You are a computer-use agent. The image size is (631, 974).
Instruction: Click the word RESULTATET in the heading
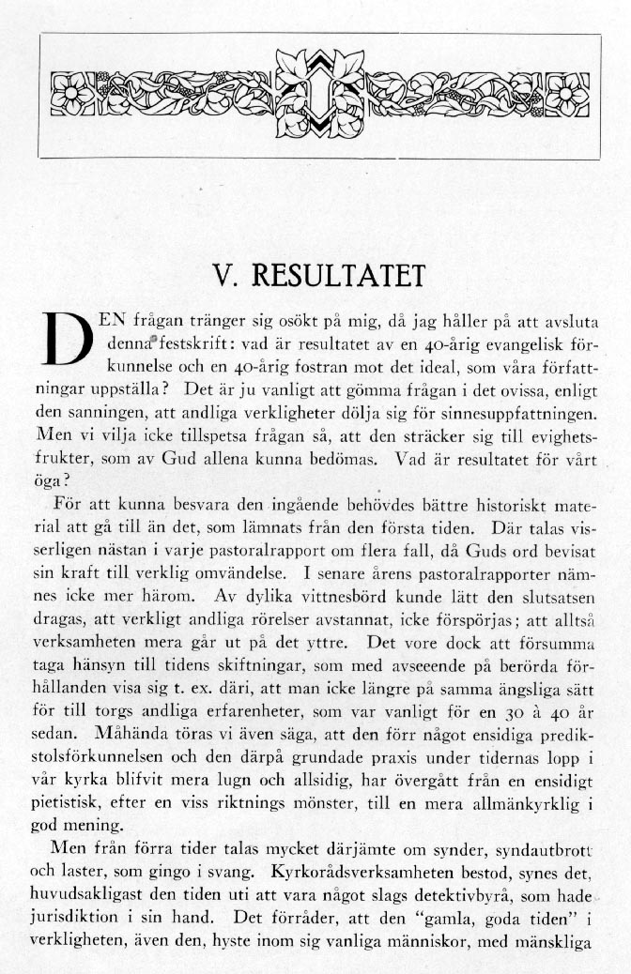(332, 276)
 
